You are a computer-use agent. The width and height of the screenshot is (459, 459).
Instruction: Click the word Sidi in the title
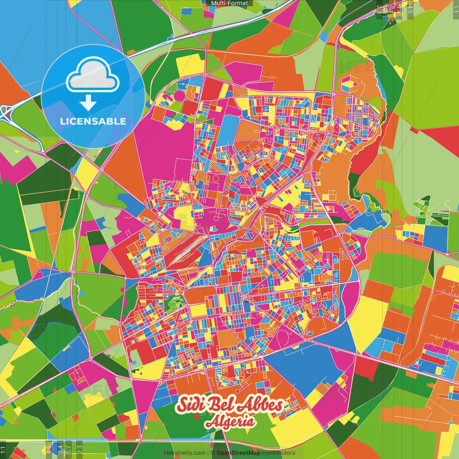[x=190, y=405]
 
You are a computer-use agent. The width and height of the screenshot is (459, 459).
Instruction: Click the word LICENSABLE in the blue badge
[x=93, y=121]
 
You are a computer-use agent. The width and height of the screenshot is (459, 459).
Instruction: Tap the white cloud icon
[x=93, y=76]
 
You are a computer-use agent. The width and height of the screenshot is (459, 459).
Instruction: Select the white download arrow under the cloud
[x=88, y=103]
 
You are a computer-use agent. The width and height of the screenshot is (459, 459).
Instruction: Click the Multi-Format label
[x=229, y=3]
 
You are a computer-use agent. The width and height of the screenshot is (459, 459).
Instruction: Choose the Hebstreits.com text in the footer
[x=184, y=453]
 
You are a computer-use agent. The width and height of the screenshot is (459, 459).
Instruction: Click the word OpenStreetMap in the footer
[x=238, y=453]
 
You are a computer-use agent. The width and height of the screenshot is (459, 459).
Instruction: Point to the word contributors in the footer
[x=279, y=453]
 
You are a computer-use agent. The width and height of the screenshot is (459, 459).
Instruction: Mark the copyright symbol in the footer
[x=212, y=453]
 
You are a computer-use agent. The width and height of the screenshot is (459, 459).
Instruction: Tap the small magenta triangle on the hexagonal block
[x=356, y=84]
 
